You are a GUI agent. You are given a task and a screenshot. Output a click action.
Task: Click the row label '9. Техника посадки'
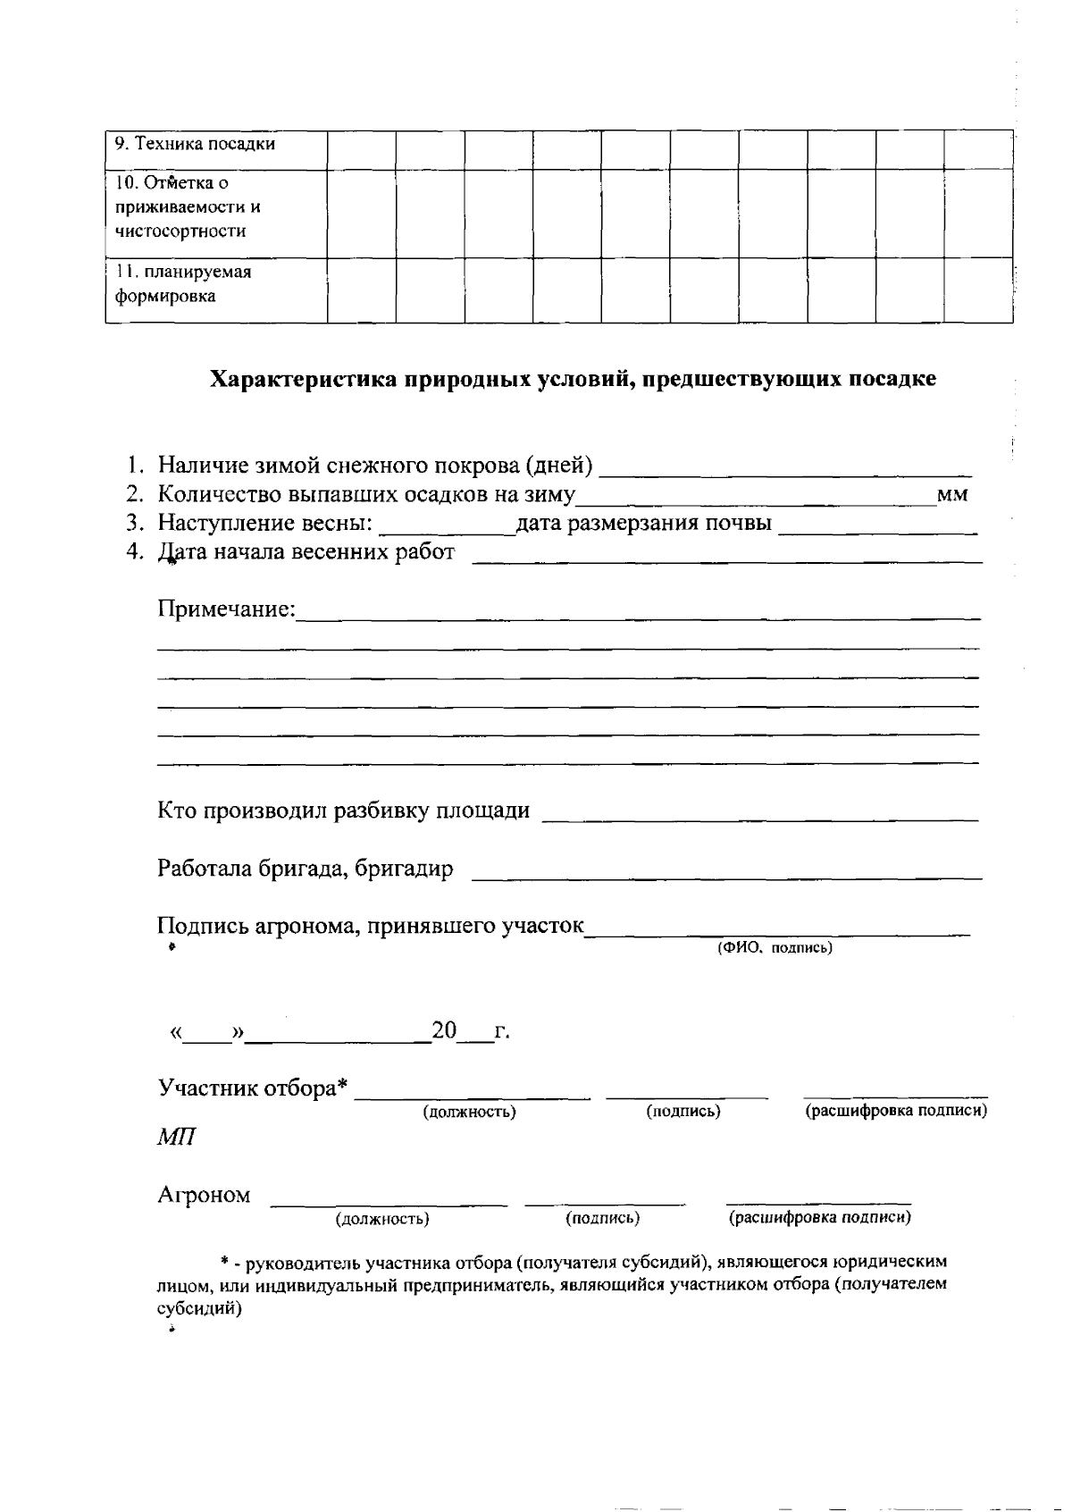click(x=195, y=144)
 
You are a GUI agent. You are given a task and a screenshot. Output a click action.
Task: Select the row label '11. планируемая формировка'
click(x=183, y=283)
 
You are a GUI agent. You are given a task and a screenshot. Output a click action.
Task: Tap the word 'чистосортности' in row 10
click(x=180, y=231)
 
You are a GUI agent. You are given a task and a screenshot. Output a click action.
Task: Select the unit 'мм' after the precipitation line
click(x=952, y=494)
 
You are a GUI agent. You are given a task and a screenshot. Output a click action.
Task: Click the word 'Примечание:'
click(x=226, y=609)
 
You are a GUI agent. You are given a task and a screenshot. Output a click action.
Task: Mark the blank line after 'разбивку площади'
click(x=760, y=812)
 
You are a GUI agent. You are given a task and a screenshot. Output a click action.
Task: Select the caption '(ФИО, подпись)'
click(x=775, y=948)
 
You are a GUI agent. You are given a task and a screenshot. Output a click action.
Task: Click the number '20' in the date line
click(x=444, y=1031)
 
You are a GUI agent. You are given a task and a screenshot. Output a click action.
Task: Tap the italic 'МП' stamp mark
click(x=177, y=1138)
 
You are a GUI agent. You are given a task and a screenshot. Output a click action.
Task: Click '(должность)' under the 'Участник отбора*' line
click(x=469, y=1113)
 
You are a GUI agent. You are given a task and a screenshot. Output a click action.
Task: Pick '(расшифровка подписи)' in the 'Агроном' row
click(x=819, y=1218)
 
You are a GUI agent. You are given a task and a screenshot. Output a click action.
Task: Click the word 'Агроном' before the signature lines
click(x=204, y=1196)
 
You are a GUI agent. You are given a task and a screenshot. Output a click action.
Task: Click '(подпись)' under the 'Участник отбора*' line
click(x=683, y=1112)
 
